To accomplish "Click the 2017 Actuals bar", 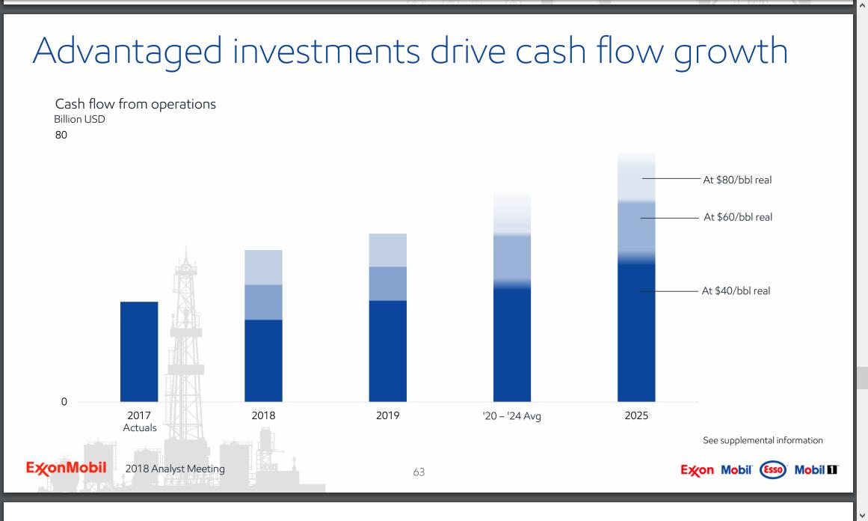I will coord(139,351).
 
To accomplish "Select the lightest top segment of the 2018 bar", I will coord(263,267).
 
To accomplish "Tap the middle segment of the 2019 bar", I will coord(387,284).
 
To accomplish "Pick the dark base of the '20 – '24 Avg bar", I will coord(512,344).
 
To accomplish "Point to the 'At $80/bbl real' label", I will coord(737,180).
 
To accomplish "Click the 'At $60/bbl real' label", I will coord(737,217).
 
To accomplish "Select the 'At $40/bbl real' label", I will coord(736,290).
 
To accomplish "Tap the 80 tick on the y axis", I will coord(61,135).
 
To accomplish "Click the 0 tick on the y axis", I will coord(64,402).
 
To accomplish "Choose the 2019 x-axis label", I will coord(387,415).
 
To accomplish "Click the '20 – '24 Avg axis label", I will coord(512,416).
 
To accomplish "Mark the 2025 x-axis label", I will coord(636,415).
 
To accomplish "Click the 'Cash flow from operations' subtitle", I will coord(135,104).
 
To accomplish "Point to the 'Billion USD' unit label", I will coord(79,120).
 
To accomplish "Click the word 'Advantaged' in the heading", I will coord(127,51).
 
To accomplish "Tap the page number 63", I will coord(419,472).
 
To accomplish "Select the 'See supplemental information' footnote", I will coord(763,440).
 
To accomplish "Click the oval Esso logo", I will coord(772,470).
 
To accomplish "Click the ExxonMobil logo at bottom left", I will coord(66,469).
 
